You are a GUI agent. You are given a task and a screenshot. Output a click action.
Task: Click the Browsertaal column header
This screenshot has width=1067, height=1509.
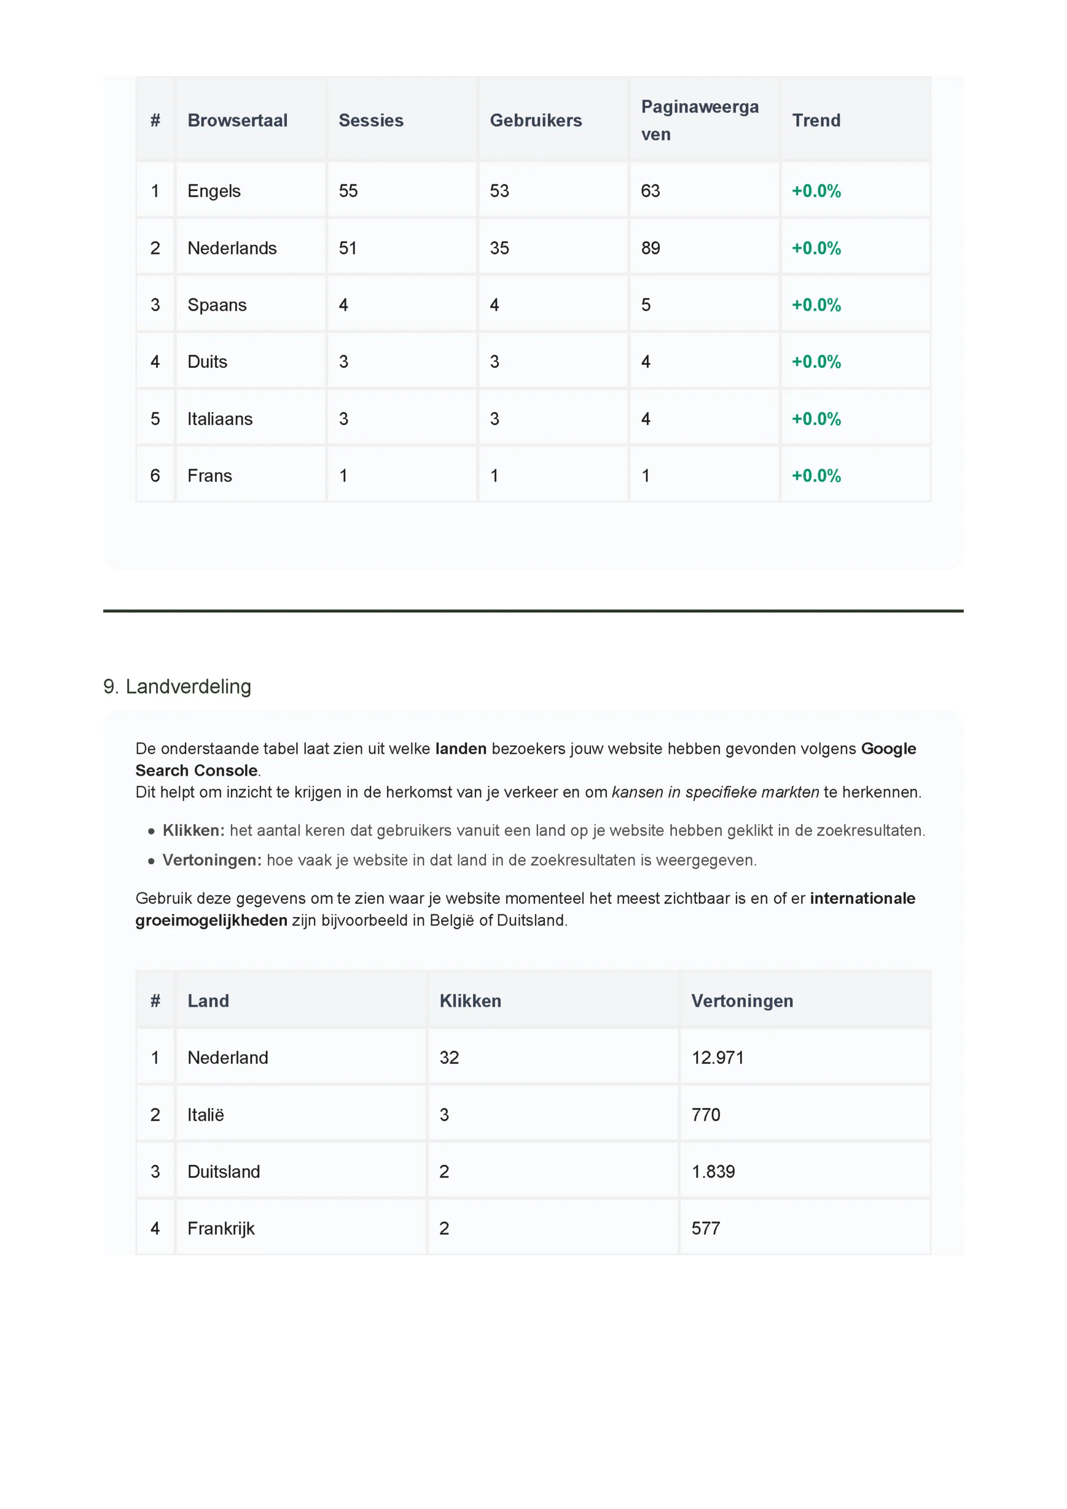click(x=237, y=120)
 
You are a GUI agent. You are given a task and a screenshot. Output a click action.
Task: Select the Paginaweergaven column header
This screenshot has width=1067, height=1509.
click(x=699, y=120)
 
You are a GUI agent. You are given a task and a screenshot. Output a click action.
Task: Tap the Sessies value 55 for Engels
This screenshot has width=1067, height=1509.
click(x=348, y=190)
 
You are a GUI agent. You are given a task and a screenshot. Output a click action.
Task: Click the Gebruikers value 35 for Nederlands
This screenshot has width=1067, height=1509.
click(x=500, y=248)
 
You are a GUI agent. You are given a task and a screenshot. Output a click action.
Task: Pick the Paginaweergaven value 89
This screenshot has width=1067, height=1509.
click(x=650, y=248)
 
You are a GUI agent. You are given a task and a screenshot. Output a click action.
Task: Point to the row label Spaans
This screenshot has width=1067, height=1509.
click(x=217, y=305)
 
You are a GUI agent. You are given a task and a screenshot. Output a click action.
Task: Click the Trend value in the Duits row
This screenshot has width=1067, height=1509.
click(x=816, y=361)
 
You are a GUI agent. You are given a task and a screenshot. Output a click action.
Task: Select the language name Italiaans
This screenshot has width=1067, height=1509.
click(x=219, y=419)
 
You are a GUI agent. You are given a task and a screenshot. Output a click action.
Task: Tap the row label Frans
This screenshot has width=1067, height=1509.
click(x=210, y=476)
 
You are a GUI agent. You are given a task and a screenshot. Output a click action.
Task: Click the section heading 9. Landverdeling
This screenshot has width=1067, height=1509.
click(x=177, y=686)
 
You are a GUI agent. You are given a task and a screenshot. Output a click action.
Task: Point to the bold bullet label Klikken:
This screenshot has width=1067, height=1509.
click(x=193, y=830)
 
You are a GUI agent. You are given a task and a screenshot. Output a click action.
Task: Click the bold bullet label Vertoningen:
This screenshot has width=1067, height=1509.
click(x=212, y=861)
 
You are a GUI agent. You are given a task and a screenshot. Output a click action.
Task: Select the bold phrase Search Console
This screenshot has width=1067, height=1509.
click(x=196, y=770)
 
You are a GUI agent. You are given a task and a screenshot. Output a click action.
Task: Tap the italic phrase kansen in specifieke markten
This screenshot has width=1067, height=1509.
click(x=715, y=792)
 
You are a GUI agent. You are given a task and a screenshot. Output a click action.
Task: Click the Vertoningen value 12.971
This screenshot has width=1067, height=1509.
click(x=718, y=1057)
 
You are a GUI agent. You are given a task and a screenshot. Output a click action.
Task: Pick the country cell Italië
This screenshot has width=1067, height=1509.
click(x=206, y=1115)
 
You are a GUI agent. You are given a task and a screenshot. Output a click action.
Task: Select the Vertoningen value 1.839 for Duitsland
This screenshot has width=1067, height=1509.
click(x=713, y=1171)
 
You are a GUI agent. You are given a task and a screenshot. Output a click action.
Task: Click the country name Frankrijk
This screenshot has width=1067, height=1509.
click(x=221, y=1228)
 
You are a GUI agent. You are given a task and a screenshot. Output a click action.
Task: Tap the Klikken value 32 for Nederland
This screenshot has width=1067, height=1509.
click(x=450, y=1057)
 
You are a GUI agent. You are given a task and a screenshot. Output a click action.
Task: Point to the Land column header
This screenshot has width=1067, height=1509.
click(x=209, y=1001)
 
